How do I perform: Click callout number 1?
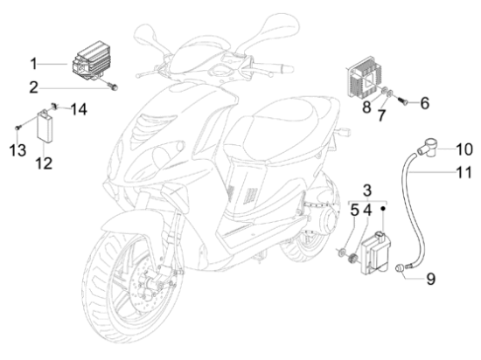pos(33,64)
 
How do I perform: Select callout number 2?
pos(34,87)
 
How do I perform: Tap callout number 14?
pos(79,109)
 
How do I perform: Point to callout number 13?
pos(17,150)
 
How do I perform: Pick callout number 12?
pos(44,163)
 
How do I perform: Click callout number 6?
pos(424,103)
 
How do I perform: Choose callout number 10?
pos(464,149)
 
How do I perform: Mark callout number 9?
pos(431,279)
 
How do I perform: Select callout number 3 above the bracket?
pos(367,190)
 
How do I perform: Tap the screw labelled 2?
pos(113,87)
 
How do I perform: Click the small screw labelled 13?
pos(17,128)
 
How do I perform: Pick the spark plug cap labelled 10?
pos(428,148)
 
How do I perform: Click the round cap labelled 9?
pos(401,268)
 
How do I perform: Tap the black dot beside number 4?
pos(383,209)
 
